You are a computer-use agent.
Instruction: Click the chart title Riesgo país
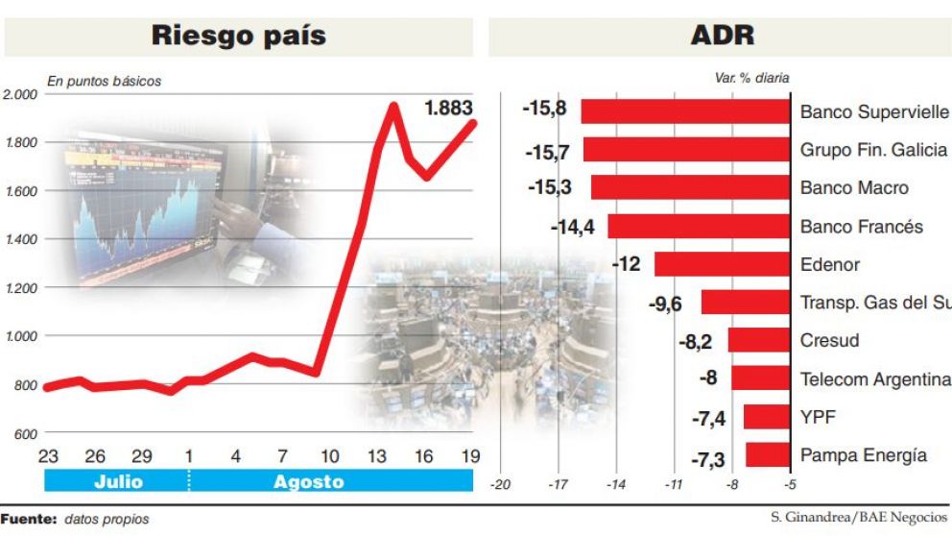pyautogui.click(x=238, y=37)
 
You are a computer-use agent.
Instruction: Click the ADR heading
pyautogui.click(x=722, y=37)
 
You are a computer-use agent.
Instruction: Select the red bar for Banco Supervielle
pyautogui.click(x=685, y=111)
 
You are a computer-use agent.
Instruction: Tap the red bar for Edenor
pyautogui.click(x=721, y=264)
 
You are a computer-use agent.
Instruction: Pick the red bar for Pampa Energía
pyautogui.click(x=767, y=454)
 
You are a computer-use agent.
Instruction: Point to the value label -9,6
pyautogui.click(x=665, y=304)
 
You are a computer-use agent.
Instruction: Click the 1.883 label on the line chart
pyautogui.click(x=448, y=109)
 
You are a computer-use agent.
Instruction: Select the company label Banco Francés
pyautogui.click(x=861, y=227)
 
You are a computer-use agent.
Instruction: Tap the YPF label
pyautogui.click(x=817, y=417)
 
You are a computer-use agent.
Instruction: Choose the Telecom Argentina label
pyautogui.click(x=874, y=379)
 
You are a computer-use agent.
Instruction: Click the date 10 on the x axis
pyautogui.click(x=329, y=454)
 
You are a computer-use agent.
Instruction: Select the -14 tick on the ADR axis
pyautogui.click(x=616, y=485)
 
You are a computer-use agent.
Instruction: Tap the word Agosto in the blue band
pyautogui.click(x=309, y=481)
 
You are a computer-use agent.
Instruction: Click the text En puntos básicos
pyautogui.click(x=105, y=82)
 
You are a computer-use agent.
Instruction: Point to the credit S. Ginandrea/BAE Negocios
pyautogui.click(x=859, y=518)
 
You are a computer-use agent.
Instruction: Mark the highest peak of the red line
pyautogui.click(x=393, y=106)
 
